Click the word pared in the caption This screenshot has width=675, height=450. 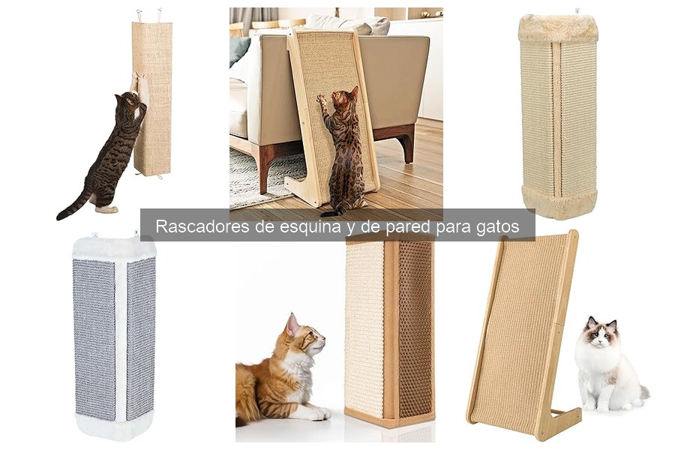tap(397, 226)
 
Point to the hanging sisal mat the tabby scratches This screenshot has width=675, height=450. tap(151, 97)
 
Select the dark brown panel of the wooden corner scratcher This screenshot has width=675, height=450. tap(414, 330)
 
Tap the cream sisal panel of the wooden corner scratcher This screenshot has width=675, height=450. tap(364, 330)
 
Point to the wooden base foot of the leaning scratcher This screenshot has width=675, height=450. tap(562, 420)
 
